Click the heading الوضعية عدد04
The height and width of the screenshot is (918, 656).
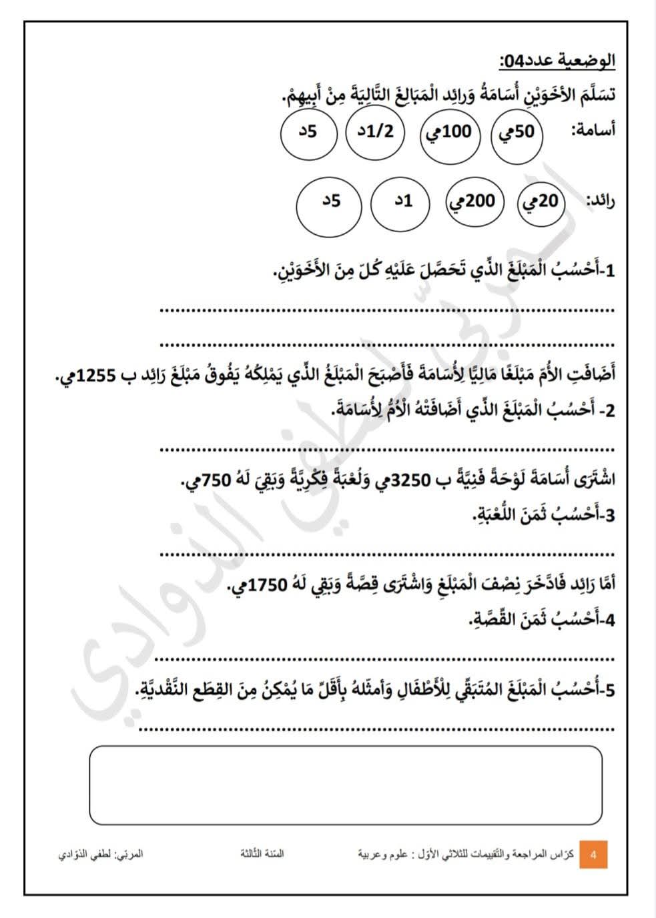pos(557,61)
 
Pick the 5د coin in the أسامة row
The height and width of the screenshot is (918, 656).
pos(308,131)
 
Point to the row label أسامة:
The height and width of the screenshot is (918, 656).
pos(593,131)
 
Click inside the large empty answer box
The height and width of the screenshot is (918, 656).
pos(346,785)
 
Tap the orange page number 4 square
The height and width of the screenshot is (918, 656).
pos(593,855)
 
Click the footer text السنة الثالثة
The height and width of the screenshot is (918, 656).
pos(262,853)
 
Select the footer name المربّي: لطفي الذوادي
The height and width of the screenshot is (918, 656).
pos(101,854)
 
